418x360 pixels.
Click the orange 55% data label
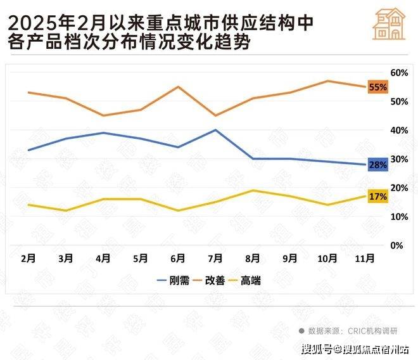(x=377, y=87)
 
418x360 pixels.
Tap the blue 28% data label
(x=377, y=165)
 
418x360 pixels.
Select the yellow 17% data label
(x=377, y=196)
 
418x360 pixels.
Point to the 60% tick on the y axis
(x=398, y=73)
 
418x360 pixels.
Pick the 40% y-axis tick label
(x=398, y=131)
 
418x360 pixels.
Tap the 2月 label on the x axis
(x=28, y=259)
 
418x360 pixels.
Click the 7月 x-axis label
(x=215, y=259)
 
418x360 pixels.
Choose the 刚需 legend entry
(x=172, y=280)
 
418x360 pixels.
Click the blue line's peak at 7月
(x=215, y=130)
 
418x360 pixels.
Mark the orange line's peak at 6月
(x=178, y=87)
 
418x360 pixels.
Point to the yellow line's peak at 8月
(x=253, y=190)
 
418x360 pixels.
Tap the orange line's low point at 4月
(x=103, y=115)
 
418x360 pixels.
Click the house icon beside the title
(x=389, y=25)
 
